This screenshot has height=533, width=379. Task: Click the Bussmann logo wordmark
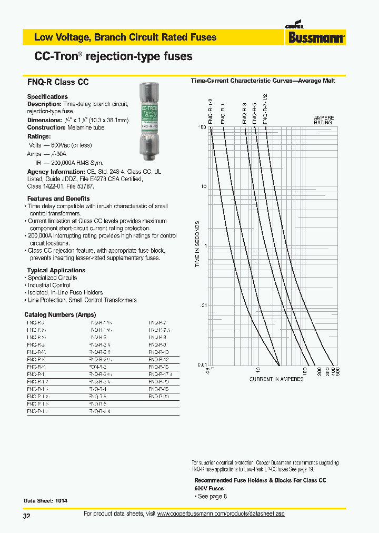pos(316,37)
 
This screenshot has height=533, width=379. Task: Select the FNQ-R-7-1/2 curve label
pos(265,110)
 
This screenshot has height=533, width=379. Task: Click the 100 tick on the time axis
pos(202,127)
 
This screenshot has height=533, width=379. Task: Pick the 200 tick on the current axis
pos(320,371)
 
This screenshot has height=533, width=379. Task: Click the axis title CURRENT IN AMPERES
pos(276,379)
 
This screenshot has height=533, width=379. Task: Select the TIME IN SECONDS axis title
pos(198,244)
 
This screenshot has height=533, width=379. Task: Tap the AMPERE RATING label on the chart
pos(323,120)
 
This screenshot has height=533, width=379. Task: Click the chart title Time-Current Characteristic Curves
pos(263,81)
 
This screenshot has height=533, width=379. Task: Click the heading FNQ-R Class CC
pos(58,82)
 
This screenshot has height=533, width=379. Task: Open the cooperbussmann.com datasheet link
pos(221,514)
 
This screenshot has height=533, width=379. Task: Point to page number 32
pos(27,516)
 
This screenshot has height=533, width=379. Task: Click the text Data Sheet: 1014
pos(46,500)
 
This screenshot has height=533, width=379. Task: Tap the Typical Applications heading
pos(56,270)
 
